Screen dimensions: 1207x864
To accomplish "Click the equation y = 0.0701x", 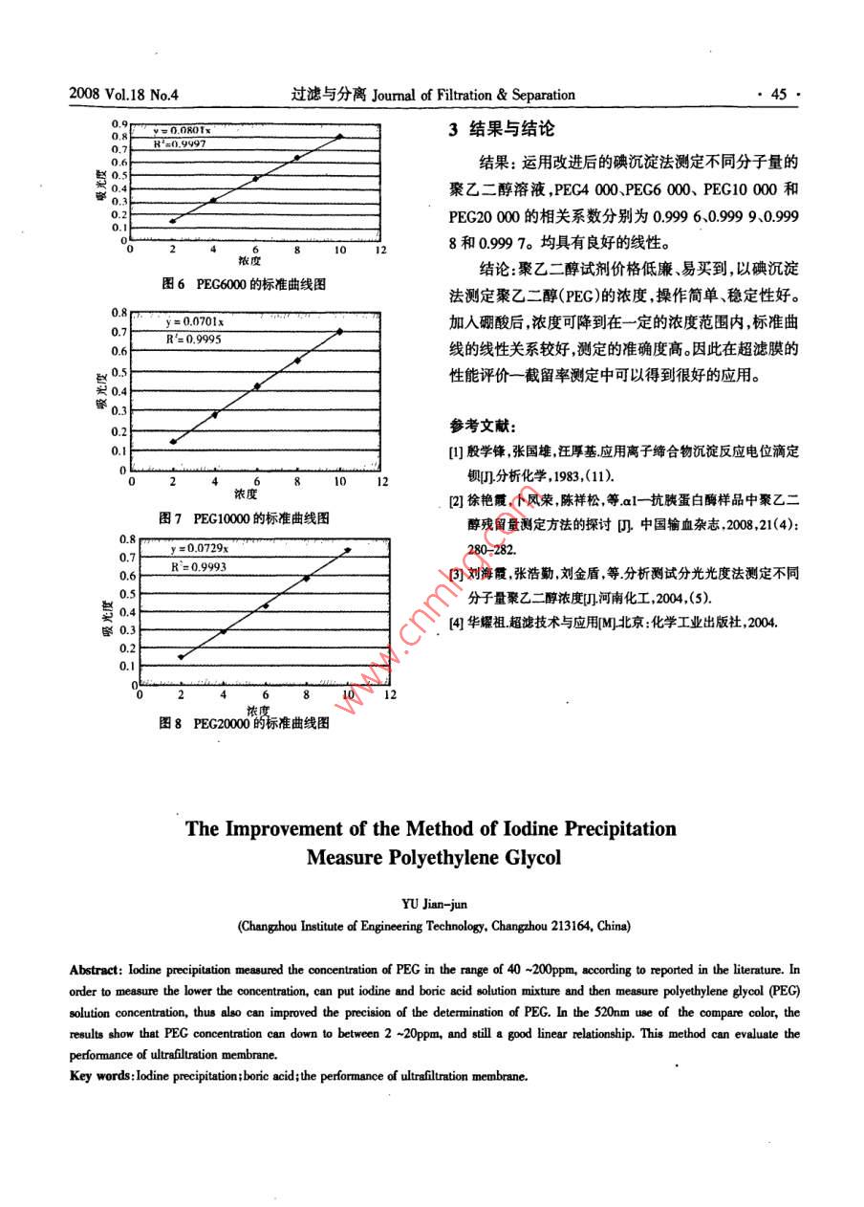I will (195, 322).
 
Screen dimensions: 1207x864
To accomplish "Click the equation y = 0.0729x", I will (199, 549).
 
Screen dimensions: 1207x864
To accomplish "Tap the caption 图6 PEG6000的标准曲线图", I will (245, 284).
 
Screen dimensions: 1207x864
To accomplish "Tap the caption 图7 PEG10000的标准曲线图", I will (246, 517).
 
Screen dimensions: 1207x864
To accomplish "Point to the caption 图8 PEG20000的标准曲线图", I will (245, 724).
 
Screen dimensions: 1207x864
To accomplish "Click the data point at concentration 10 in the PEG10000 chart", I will (339, 331).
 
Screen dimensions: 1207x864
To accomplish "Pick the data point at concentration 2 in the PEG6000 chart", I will (172, 221).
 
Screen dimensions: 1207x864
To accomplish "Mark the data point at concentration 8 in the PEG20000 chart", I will (307, 578).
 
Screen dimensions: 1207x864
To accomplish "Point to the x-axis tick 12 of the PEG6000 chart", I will (380, 250).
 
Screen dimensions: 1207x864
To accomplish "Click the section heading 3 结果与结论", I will (502, 129).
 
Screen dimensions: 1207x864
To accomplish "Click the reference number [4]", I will (456, 623).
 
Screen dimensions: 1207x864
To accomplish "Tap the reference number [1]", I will (456, 450).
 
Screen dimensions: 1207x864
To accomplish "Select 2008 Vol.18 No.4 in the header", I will (125, 95).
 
